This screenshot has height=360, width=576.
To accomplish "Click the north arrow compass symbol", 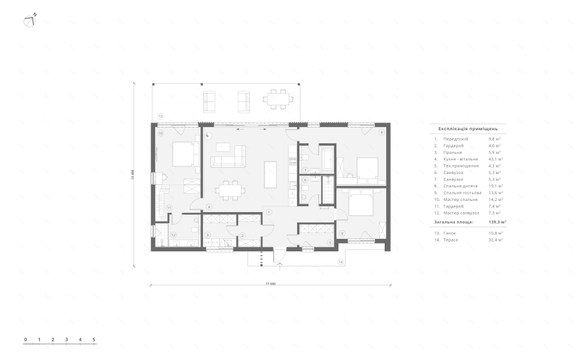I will pyautogui.click(x=30, y=20).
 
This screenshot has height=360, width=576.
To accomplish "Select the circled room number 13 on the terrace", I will pyautogui.click(x=160, y=115).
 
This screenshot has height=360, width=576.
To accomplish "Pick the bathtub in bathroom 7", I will pyautogui.click(x=325, y=160).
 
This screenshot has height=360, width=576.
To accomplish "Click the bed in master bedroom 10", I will pyautogui.click(x=183, y=154).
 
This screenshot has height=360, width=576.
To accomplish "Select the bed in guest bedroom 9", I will pyautogui.click(x=360, y=205).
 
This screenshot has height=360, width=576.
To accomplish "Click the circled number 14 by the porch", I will pyautogui.click(x=340, y=262).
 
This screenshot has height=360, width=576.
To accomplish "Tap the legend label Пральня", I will pyautogui.click(x=451, y=153).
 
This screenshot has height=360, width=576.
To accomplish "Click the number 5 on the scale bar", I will pyautogui.click(x=94, y=339).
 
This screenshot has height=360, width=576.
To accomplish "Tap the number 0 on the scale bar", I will pyautogui.click(x=25, y=339).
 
